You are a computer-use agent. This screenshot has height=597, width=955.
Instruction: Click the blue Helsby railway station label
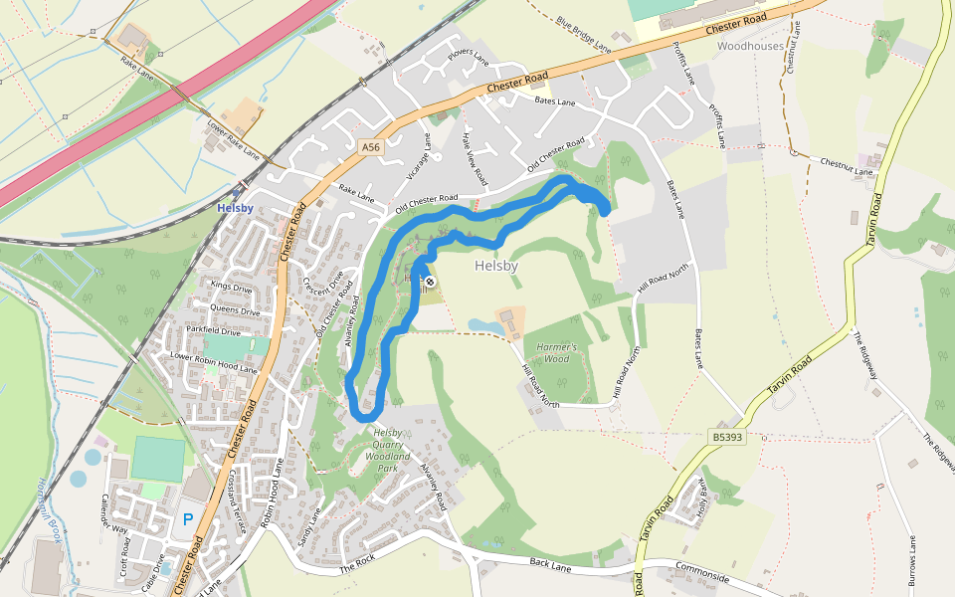[x=235, y=207]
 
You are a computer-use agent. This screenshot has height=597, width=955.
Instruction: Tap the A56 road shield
[x=371, y=147]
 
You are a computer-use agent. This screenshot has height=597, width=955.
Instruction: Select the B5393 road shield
[x=727, y=437]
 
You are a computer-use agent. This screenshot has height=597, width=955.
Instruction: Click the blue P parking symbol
[x=187, y=518]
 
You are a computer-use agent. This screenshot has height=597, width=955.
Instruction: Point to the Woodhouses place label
[x=750, y=46]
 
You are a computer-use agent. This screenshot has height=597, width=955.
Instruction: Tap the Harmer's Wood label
[x=552, y=352]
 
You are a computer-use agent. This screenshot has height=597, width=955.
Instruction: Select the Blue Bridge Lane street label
[x=584, y=33]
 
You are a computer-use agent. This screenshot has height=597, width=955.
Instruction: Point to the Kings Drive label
[x=231, y=288]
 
